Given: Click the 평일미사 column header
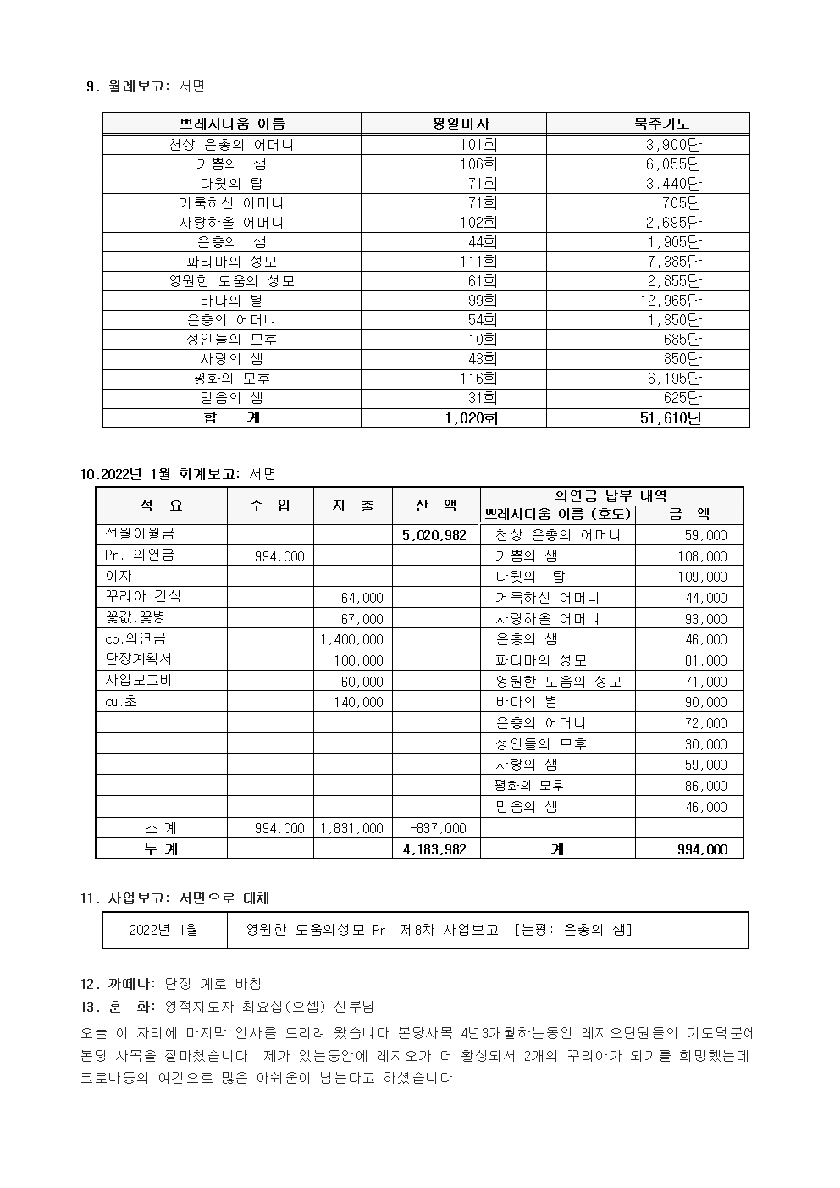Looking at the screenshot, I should tap(461, 124).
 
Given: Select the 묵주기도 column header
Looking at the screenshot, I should tap(661, 124).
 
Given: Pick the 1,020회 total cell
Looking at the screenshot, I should tap(471, 417).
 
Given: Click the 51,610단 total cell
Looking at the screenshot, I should tap(671, 417).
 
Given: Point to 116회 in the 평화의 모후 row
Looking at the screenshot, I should tap(478, 379).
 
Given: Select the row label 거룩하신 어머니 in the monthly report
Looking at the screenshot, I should tap(231, 203).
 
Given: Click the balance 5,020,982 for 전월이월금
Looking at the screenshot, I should tap(434, 535).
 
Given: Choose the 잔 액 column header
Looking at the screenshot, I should tap(435, 506).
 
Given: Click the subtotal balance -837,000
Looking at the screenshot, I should tap(438, 828).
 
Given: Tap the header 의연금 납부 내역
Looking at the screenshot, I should tap(611, 496).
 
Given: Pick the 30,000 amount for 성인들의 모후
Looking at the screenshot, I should tap(705, 744).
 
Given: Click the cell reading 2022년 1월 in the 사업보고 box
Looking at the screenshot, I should tap(163, 930).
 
